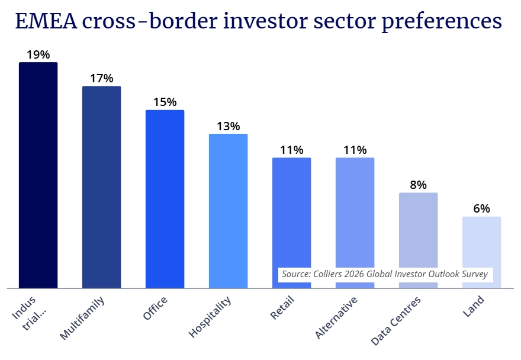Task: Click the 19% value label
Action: (38, 54)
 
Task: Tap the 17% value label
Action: (101, 78)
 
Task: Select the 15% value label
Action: (165, 102)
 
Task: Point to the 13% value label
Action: (228, 126)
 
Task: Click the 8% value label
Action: (418, 185)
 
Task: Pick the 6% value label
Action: (481, 208)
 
